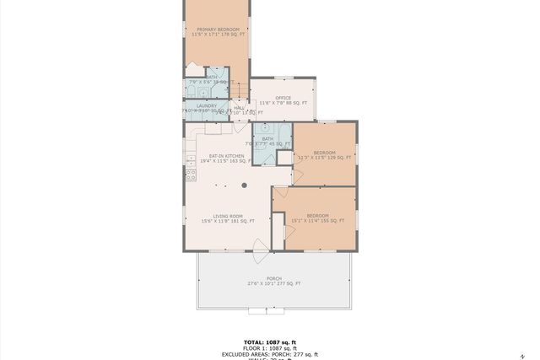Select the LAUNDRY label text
pos(207,105)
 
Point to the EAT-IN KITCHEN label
pos(227,156)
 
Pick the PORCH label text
pos(274,278)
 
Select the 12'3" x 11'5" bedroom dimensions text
pos(325,158)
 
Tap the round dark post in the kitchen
pos(245,185)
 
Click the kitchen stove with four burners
pos(191,175)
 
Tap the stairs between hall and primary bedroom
pos(240,91)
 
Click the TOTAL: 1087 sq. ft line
pos(270,342)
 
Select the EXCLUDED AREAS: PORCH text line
pos(270,354)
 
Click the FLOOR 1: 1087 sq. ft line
pos(270,348)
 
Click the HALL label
pos(239,107)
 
